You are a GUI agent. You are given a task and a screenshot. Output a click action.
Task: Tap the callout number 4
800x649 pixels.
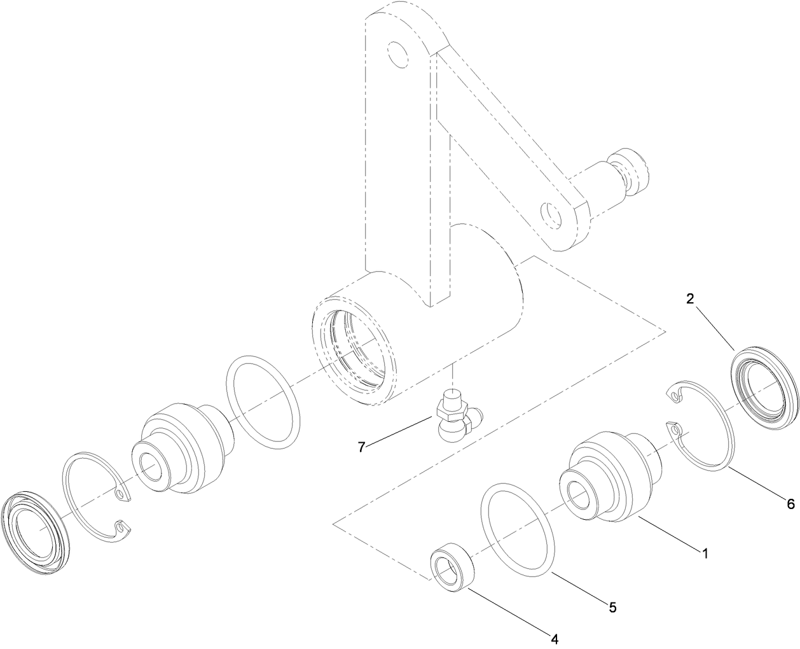coord(555,638)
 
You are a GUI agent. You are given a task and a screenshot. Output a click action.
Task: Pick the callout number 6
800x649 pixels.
coord(790,504)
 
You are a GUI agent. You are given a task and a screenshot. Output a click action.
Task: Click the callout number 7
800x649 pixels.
coord(361,447)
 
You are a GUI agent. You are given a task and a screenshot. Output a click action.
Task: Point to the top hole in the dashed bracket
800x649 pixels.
coord(397,53)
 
